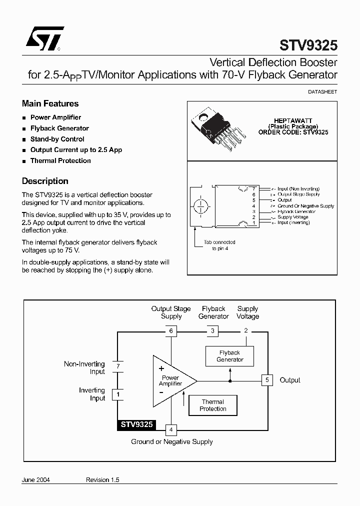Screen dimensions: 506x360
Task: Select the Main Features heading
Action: pos(50,104)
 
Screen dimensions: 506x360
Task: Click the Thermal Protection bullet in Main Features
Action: pos(60,161)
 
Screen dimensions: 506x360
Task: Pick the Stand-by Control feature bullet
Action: pos(57,139)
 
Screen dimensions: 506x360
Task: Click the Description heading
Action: pos(45,181)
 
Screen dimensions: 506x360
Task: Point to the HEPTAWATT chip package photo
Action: pos(217,129)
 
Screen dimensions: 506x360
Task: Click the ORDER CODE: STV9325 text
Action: pos(293,132)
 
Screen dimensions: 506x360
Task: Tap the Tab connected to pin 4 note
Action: pos(219,245)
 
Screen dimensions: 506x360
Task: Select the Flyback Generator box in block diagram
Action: pos(230,356)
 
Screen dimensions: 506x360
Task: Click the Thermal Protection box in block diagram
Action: pos(213,405)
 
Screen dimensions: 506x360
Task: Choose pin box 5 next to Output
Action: pos(267,380)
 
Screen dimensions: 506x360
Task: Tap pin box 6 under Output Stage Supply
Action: pos(171,330)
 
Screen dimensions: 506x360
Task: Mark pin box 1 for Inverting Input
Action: pos(117,394)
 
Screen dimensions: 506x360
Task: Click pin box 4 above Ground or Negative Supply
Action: pos(171,429)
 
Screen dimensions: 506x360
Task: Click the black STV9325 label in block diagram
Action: pos(136,425)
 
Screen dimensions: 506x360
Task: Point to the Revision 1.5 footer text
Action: pos(102,479)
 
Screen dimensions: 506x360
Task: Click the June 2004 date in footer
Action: pos(36,479)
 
